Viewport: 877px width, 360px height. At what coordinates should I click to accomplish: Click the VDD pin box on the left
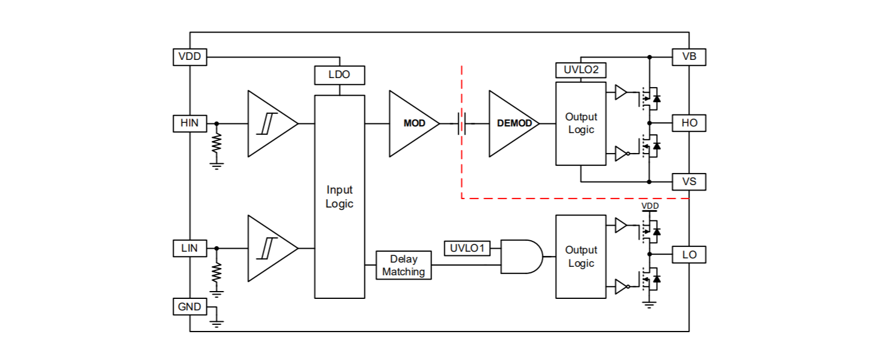coord(189,57)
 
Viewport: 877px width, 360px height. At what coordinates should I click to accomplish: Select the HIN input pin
coord(189,123)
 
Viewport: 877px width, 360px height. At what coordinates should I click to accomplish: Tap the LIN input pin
coord(189,248)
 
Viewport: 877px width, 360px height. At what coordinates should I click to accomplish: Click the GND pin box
coord(189,307)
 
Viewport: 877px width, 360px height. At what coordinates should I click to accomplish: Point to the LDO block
coord(340,76)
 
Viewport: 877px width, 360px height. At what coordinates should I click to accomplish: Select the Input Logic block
coord(340,197)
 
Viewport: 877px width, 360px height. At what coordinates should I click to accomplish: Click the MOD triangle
coord(412,123)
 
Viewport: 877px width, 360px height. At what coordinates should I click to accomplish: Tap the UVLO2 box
coord(580,70)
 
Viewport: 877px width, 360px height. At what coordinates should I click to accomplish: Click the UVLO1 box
coord(468,248)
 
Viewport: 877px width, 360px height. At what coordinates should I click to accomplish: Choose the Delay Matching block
coord(404,266)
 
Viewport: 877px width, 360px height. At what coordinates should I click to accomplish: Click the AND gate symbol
coord(521,257)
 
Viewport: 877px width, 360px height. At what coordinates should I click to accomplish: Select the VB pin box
coord(689,57)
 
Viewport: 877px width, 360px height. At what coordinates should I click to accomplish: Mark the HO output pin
coord(689,123)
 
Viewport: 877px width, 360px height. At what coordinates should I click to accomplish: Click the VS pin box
coord(689,181)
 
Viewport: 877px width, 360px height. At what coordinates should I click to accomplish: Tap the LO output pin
coord(689,255)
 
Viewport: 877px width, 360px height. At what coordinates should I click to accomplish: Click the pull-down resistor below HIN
coord(217,143)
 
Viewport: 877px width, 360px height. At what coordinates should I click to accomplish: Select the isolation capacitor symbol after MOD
coord(462,124)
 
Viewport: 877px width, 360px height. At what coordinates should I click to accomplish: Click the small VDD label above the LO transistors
coord(649,206)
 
